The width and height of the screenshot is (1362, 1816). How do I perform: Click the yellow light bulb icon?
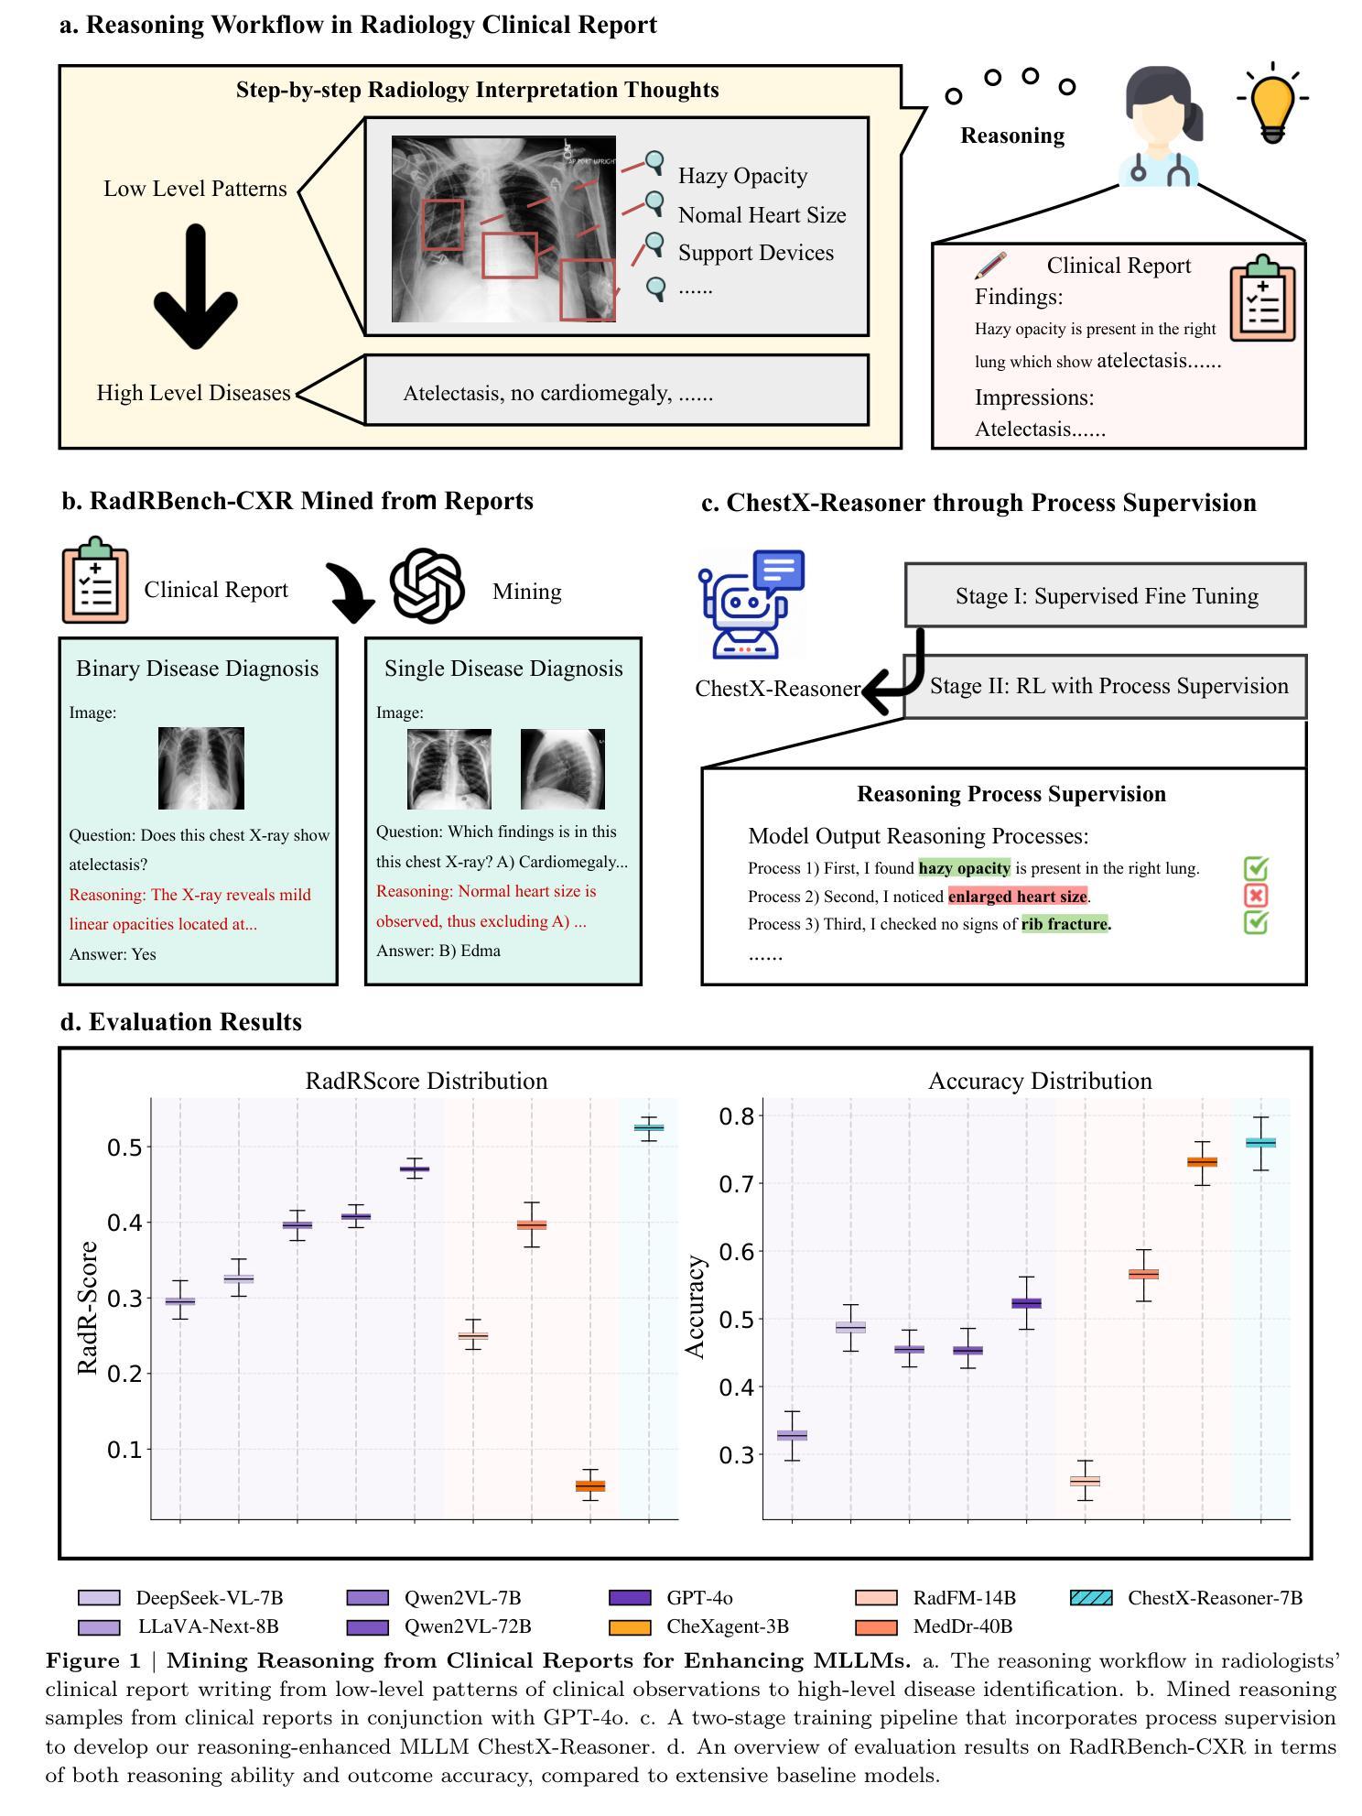click(1272, 103)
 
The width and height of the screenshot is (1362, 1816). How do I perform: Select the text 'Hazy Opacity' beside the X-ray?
click(742, 176)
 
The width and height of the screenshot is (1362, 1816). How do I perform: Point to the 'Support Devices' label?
click(755, 253)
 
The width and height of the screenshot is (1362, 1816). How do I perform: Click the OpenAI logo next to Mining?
click(427, 586)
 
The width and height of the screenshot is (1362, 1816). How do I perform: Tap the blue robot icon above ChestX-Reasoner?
click(751, 604)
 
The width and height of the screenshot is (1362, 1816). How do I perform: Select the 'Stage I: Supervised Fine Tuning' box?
click(1106, 596)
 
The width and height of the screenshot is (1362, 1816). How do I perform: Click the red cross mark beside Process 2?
click(1256, 896)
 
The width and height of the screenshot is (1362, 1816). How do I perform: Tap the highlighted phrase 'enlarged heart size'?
click(1017, 897)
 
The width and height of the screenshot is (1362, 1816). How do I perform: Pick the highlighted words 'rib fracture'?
click(1065, 924)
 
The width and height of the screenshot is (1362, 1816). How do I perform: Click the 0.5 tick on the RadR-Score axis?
click(127, 1147)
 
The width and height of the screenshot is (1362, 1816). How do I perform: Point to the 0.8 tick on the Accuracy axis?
click(737, 1116)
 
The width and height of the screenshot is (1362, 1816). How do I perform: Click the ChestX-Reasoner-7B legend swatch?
click(1091, 1598)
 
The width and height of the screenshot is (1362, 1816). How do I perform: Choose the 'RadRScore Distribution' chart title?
click(426, 1081)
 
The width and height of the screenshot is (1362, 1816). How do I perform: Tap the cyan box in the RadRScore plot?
click(648, 1127)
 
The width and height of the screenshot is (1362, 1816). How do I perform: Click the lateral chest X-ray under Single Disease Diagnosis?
click(562, 769)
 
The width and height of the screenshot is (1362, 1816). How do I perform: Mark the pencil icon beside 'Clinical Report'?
click(990, 266)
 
